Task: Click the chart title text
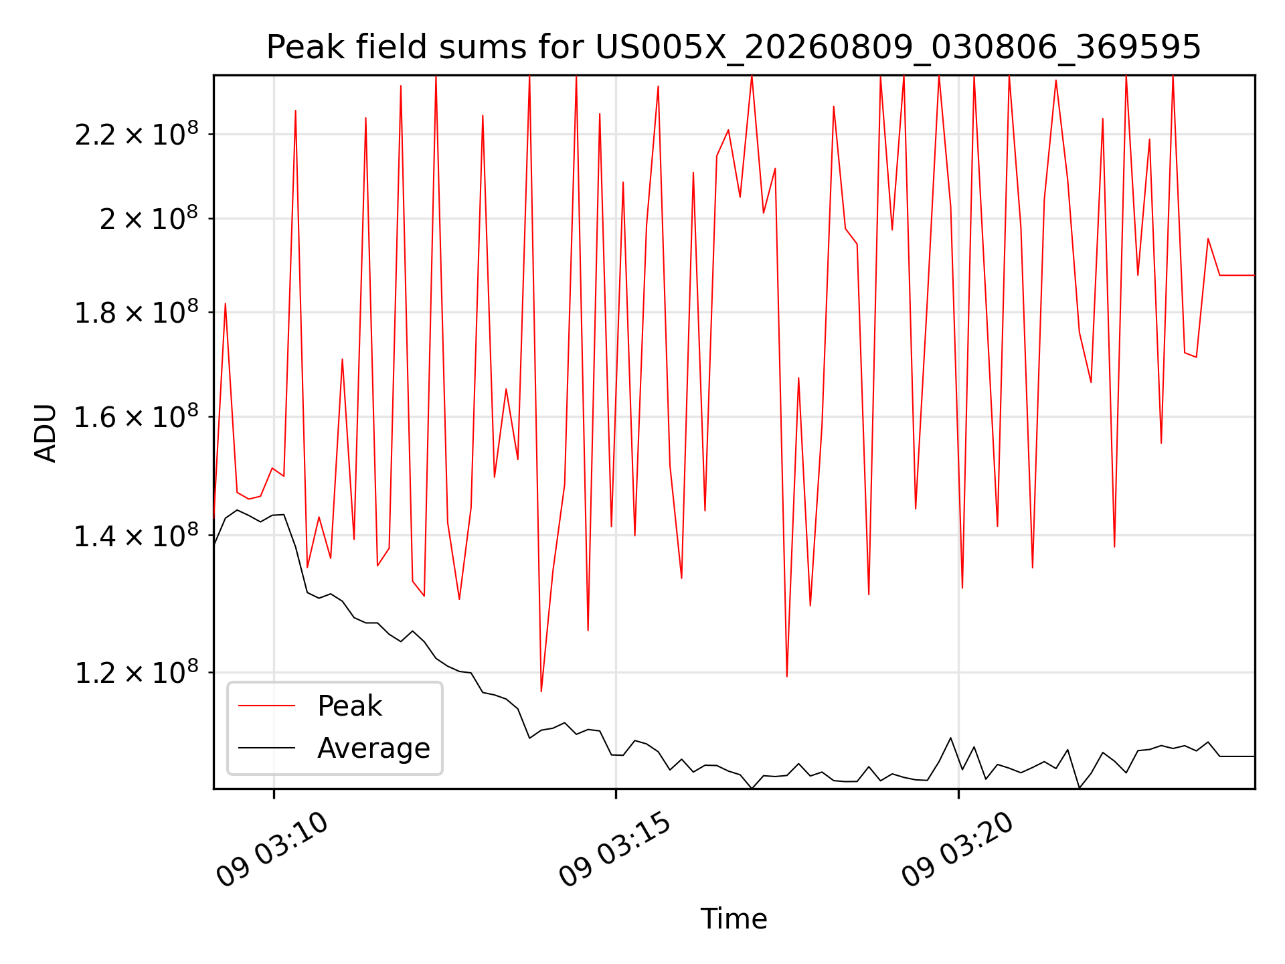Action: click(734, 48)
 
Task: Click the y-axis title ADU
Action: click(46, 432)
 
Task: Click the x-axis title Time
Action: click(734, 918)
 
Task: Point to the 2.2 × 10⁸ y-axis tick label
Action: click(137, 134)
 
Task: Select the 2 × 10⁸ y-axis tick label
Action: click(149, 218)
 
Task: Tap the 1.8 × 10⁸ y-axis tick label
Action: click(137, 312)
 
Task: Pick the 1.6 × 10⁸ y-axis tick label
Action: click(137, 416)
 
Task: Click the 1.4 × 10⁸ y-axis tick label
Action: click(137, 535)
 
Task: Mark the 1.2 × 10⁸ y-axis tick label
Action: click(137, 672)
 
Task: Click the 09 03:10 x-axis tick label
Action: click(272, 850)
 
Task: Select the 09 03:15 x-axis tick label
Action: click(615, 850)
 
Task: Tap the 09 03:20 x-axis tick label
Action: click(958, 850)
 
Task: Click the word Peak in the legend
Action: click(349, 706)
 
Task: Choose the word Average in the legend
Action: click(373, 748)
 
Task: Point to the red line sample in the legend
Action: click(266, 706)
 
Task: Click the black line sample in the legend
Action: click(266, 748)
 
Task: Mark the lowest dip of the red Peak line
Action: click(541, 691)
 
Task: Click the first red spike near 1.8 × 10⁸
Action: click(226, 304)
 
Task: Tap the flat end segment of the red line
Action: click(1237, 275)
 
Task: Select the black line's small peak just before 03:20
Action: click(950, 738)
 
